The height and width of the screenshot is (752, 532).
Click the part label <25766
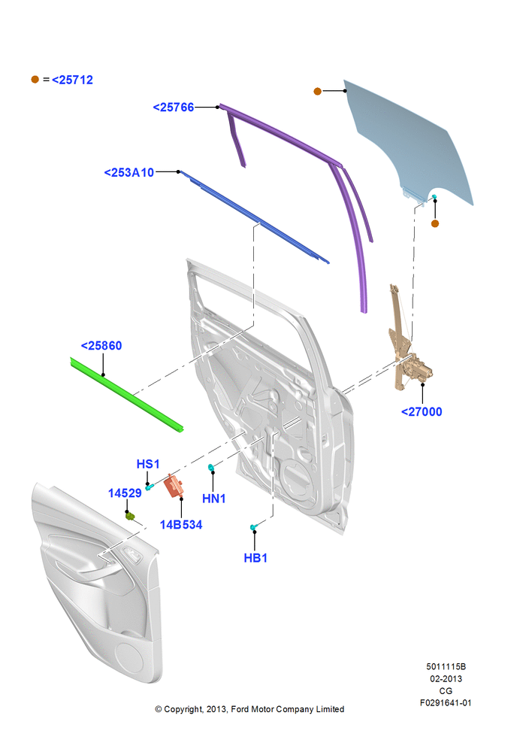pos(173,107)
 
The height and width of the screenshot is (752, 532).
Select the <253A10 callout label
pos(129,172)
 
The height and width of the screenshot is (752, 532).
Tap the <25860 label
pos(101,345)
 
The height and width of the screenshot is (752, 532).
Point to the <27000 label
pos(422,411)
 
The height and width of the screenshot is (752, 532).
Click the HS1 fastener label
pos(147,464)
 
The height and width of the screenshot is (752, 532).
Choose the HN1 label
pos(213,499)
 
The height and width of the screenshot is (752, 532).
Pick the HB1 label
pos(255,558)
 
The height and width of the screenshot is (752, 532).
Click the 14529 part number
pos(125,493)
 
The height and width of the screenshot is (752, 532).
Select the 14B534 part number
pos(180,525)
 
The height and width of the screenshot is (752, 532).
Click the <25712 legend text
pos(72,80)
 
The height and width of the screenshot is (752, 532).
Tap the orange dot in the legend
pos(35,79)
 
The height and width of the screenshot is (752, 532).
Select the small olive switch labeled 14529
pos(130,516)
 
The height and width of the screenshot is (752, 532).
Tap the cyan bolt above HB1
pos(254,528)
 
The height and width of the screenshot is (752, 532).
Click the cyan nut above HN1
pos(210,467)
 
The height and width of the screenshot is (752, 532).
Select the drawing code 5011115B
pos(446,666)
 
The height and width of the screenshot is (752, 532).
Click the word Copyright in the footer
pos(183,709)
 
